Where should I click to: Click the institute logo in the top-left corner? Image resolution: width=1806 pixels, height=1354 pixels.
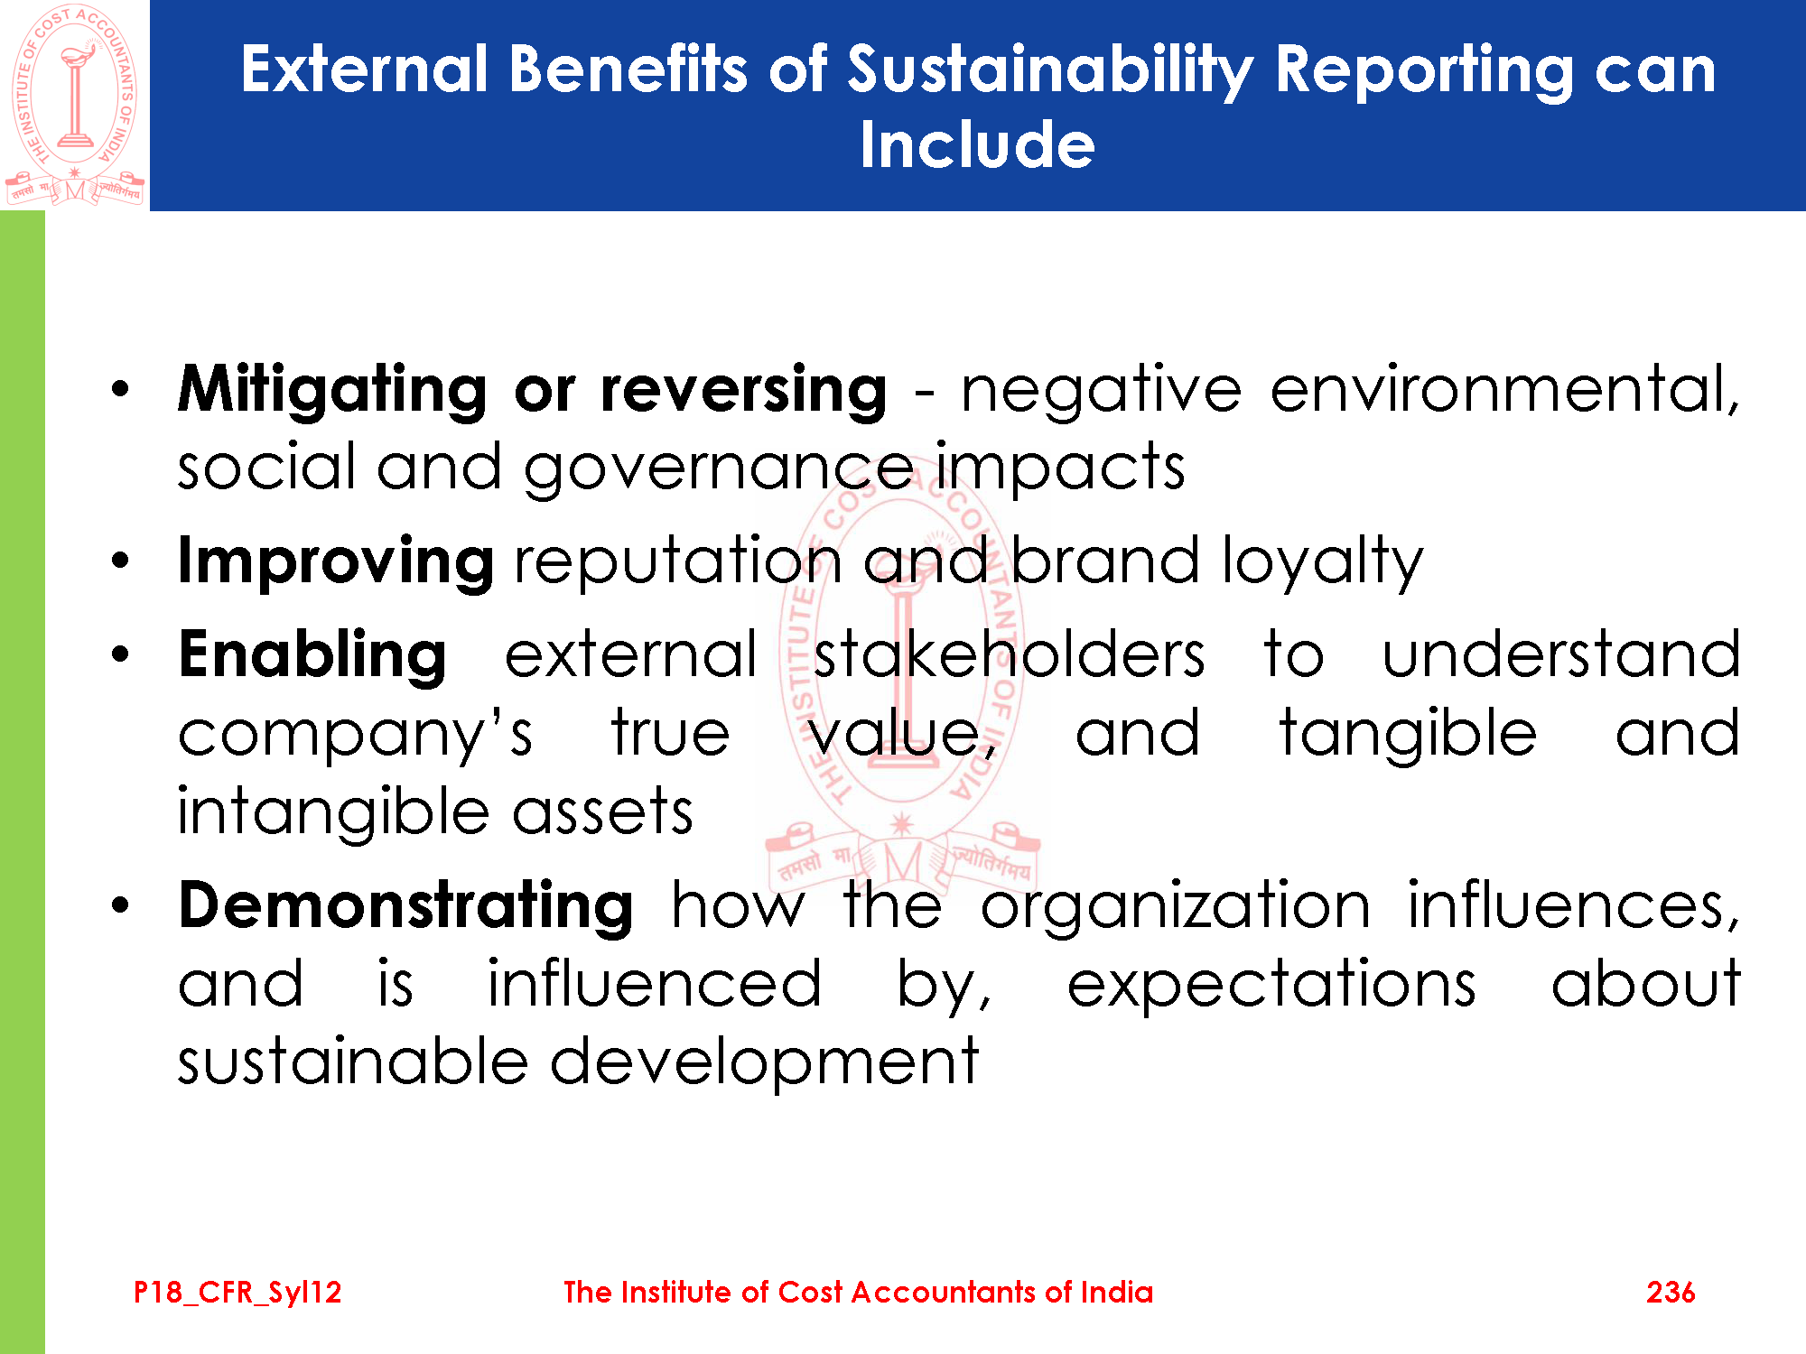tap(74, 105)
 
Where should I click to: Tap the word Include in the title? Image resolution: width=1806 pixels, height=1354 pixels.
tap(977, 144)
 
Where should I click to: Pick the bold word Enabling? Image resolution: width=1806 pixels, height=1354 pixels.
tap(312, 656)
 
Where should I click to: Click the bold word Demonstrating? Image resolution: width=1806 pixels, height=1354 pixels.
tap(406, 906)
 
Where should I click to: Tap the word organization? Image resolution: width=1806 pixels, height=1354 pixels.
tap(1176, 906)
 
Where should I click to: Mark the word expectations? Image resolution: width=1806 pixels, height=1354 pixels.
tap(1271, 985)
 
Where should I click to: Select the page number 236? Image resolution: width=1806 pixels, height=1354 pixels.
tap(1671, 1292)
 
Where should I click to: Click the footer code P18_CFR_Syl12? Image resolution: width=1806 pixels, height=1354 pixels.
tap(237, 1293)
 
